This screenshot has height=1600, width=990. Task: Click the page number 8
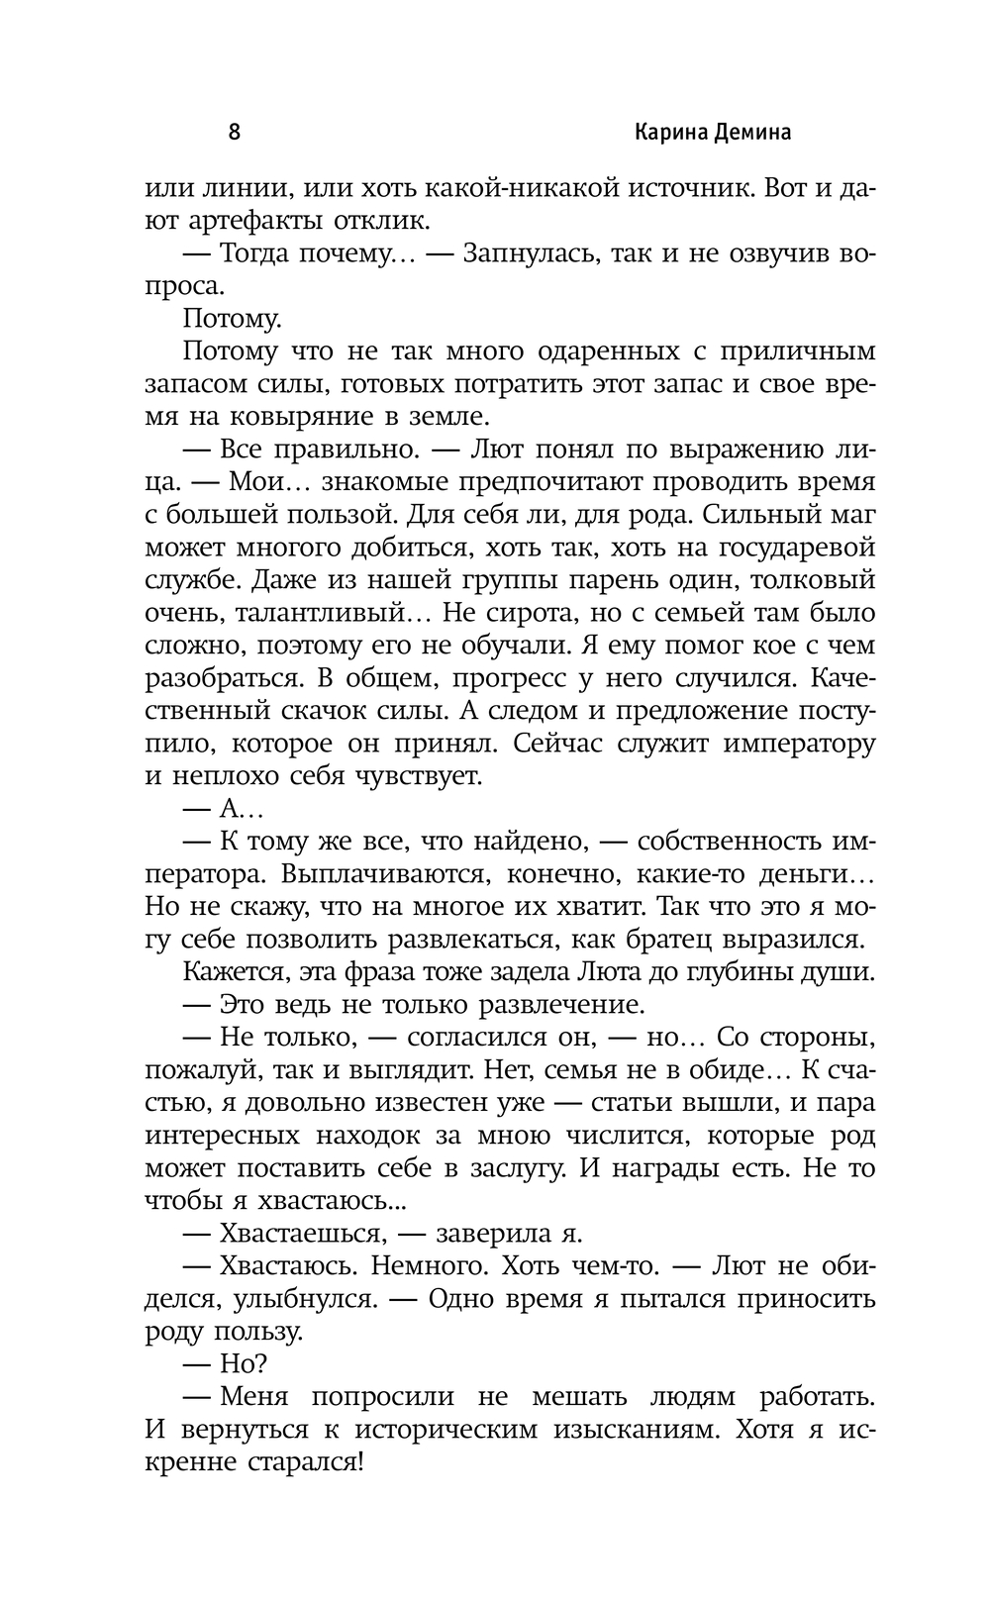point(235,132)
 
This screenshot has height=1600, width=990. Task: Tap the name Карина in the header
point(668,133)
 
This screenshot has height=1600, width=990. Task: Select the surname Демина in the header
point(753,133)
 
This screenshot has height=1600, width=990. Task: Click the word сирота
point(526,612)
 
